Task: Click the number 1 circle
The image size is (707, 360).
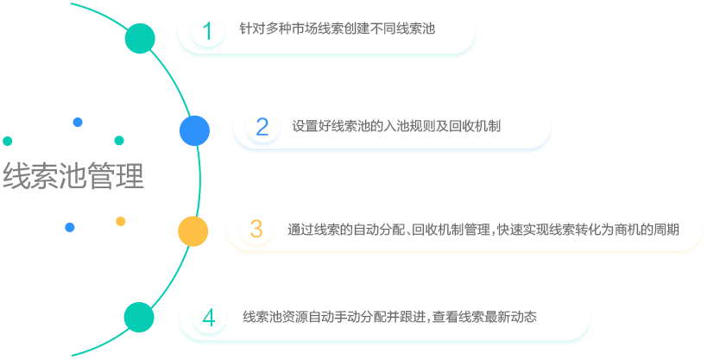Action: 207,31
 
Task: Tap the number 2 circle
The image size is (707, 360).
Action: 262,127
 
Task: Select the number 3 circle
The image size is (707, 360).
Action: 256,230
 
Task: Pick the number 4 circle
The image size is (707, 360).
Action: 208,317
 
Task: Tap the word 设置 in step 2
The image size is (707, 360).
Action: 305,126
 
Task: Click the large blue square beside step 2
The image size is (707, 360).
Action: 194,129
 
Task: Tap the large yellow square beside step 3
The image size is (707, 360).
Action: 193,231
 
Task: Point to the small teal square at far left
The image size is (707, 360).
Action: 8,141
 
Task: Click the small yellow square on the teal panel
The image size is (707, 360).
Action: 121,221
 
